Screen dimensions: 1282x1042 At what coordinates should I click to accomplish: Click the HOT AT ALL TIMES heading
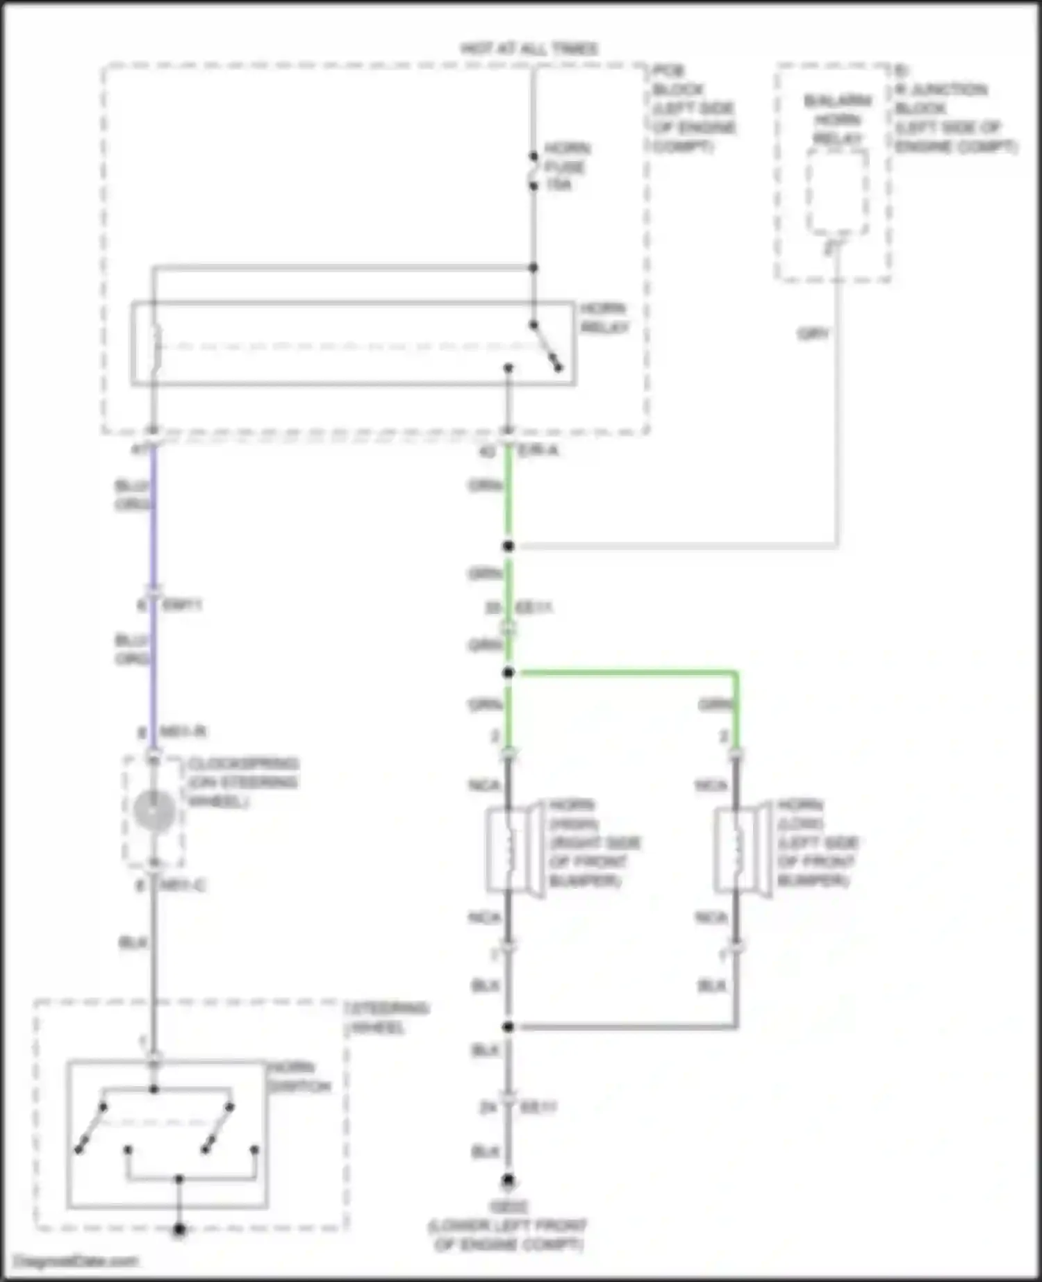tap(529, 49)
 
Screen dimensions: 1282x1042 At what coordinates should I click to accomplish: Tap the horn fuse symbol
tap(534, 171)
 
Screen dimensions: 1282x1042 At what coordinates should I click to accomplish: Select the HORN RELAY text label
tap(604, 317)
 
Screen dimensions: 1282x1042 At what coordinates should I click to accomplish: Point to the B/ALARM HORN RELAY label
tap(838, 119)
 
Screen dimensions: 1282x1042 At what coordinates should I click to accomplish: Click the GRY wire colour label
tap(813, 334)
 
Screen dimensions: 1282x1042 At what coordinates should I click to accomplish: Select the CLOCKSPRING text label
tap(242, 782)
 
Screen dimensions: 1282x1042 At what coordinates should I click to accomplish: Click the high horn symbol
tap(514, 849)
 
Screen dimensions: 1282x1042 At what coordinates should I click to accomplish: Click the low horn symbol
tap(742, 849)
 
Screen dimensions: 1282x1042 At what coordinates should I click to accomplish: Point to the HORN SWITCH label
tap(299, 1076)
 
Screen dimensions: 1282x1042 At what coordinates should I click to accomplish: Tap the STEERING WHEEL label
tap(388, 1017)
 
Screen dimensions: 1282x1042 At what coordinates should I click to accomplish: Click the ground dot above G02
tap(508, 1180)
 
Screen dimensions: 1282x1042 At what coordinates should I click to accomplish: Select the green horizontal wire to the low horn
tap(625, 672)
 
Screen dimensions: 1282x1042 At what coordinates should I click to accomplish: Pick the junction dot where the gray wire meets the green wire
tap(508, 547)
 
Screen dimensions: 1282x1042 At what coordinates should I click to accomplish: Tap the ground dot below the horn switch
tap(179, 1230)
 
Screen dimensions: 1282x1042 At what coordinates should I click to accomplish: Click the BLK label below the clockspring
tap(133, 943)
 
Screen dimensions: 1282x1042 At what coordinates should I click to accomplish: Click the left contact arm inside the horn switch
tap(91, 1128)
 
